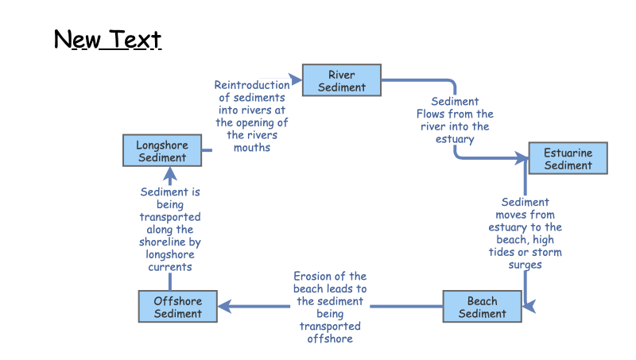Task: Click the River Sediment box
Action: coord(342,81)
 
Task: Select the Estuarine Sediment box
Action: coord(568,159)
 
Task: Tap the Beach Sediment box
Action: coord(482,307)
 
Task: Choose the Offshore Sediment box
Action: coord(177,307)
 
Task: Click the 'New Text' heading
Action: coord(107,39)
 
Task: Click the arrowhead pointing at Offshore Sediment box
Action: coord(225,306)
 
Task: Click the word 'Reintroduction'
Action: coord(252,85)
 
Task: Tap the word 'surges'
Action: coord(525,265)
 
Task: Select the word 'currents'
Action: coord(170,267)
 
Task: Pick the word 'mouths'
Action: coord(252,148)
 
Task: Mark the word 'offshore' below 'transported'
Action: coord(330,339)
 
